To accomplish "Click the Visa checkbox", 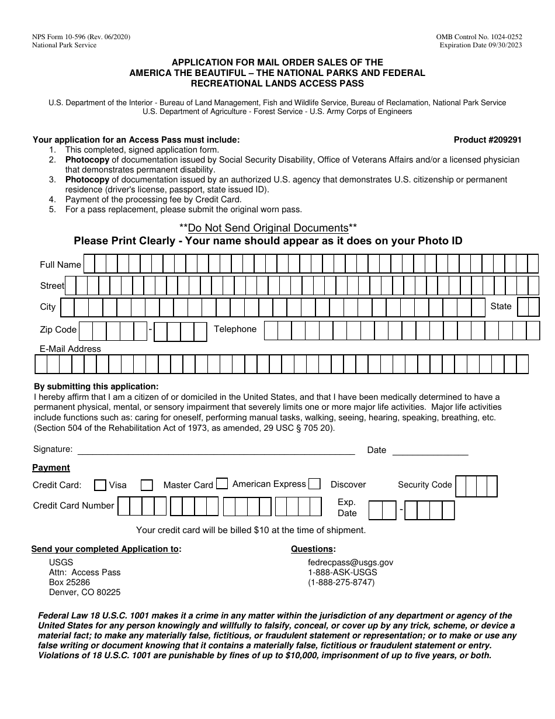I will point(100,485).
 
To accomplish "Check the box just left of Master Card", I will point(147,485).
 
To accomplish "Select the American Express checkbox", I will point(222,483).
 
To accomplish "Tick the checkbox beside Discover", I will point(314,483).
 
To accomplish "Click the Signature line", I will point(216,450).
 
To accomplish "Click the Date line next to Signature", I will point(430,450).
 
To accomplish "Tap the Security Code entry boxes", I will point(476,486).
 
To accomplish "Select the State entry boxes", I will point(528,307).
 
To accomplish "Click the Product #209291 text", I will point(487,140).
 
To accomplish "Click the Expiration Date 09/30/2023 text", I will point(481,45).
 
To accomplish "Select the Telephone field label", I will point(235,329).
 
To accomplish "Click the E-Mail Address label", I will point(70,349).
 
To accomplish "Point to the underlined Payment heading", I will point(51,468).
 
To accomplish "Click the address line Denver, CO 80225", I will point(85,592).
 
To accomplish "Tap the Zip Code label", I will point(58,330).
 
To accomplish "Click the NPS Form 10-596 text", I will point(81,37).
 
